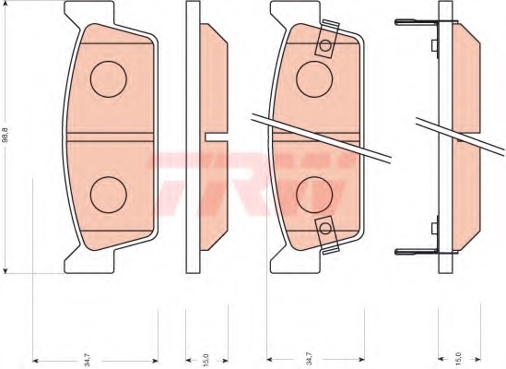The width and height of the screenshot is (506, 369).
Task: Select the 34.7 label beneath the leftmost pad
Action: click(x=86, y=354)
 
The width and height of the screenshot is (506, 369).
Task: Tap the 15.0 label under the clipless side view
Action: click(x=205, y=354)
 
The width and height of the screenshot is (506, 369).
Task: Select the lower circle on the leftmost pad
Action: click(x=108, y=193)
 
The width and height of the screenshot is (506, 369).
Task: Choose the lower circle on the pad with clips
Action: click(x=314, y=193)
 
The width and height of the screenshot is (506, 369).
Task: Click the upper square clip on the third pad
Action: click(x=325, y=47)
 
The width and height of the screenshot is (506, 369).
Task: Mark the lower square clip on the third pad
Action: click(x=325, y=226)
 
